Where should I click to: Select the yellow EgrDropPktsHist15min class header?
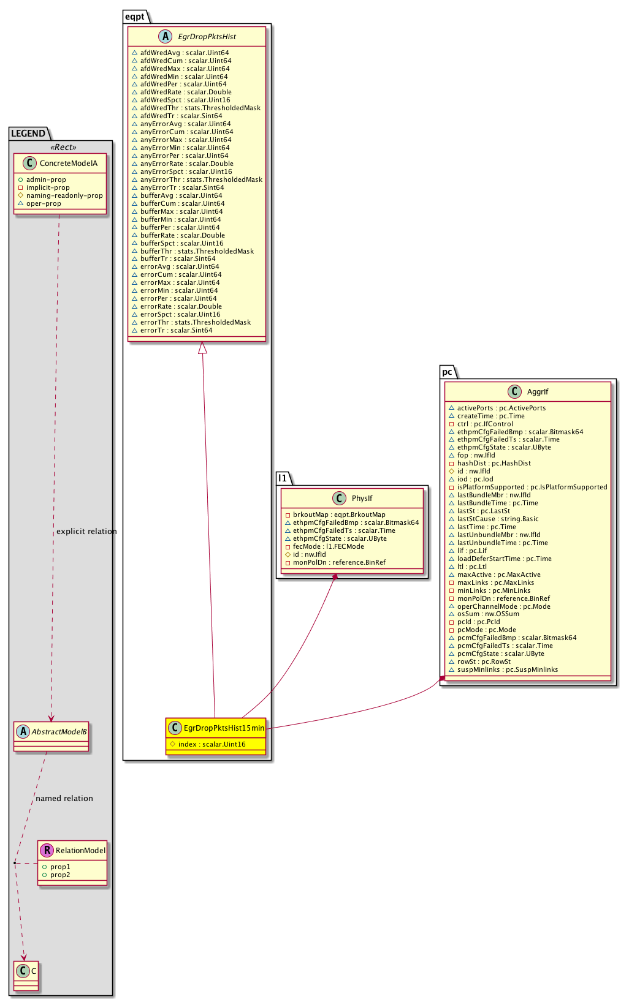[x=223, y=728]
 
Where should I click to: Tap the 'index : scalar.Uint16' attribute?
[x=212, y=744]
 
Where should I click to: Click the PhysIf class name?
[x=362, y=498]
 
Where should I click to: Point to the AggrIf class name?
[x=538, y=392]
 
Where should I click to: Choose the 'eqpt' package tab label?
[x=135, y=17]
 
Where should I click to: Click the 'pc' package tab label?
[x=447, y=372]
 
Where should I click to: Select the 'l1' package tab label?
[x=282, y=478]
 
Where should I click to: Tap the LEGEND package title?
[x=28, y=134]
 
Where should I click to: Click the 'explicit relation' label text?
[x=86, y=532]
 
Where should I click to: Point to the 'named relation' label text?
[x=64, y=799]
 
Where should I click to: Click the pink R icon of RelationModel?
[x=47, y=850]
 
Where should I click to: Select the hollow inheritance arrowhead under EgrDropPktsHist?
[x=202, y=348]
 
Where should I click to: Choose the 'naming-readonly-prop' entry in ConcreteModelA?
[x=64, y=196]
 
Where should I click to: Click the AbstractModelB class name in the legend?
[x=59, y=731]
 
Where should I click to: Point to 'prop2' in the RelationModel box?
[x=60, y=875]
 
